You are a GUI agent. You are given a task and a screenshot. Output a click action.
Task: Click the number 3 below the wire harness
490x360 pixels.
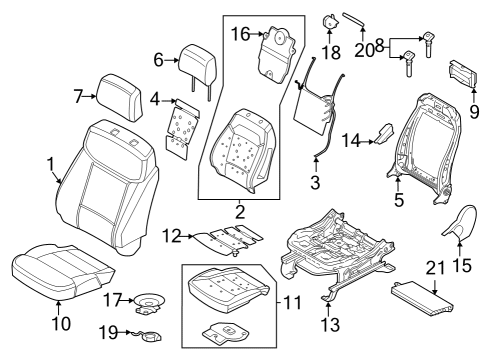315,182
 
